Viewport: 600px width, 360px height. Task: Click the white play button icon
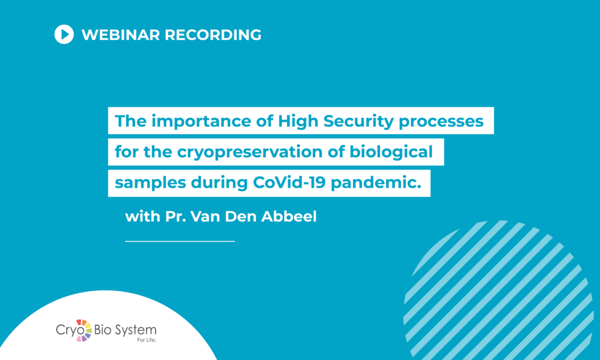64,35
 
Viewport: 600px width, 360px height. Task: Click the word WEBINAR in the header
121,35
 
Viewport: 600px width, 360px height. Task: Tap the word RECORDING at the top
213,35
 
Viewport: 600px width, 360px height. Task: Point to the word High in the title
298,122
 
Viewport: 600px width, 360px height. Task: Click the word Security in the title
359,122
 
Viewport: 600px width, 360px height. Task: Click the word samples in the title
151,184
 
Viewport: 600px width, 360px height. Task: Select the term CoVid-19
289,182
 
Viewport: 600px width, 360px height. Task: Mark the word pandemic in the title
376,184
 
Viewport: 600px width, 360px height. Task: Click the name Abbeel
289,216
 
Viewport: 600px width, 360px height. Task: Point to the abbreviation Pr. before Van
176,217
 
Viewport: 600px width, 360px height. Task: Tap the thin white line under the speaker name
180,242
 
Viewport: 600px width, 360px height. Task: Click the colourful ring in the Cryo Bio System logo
83,330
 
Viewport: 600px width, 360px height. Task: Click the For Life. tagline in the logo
147,339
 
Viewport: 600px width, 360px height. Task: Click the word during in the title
219,184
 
